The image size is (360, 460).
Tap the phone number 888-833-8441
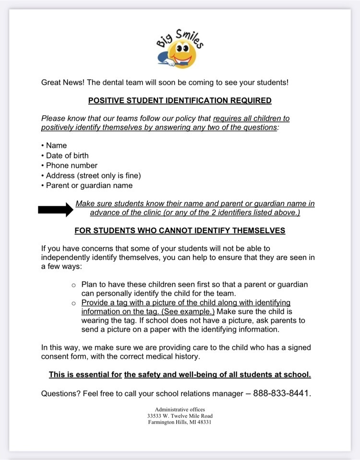[x=282, y=393]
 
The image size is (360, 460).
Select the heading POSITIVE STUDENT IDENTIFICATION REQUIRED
[x=180, y=101]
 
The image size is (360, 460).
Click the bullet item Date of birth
[x=67, y=155]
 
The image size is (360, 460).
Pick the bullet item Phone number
[x=72, y=165]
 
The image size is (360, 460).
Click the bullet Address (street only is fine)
[x=93, y=176]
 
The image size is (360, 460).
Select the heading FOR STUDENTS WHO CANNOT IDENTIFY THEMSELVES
[x=180, y=231]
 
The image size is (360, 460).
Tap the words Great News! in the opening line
[x=63, y=82]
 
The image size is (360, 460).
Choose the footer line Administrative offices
[x=180, y=410]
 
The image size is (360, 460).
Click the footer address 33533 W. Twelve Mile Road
[x=180, y=416]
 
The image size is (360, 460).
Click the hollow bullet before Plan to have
[x=74, y=285]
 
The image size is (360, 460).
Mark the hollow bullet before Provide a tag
[x=74, y=303]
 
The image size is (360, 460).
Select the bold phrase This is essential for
[x=85, y=374]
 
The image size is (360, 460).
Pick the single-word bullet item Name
[x=56, y=145]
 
